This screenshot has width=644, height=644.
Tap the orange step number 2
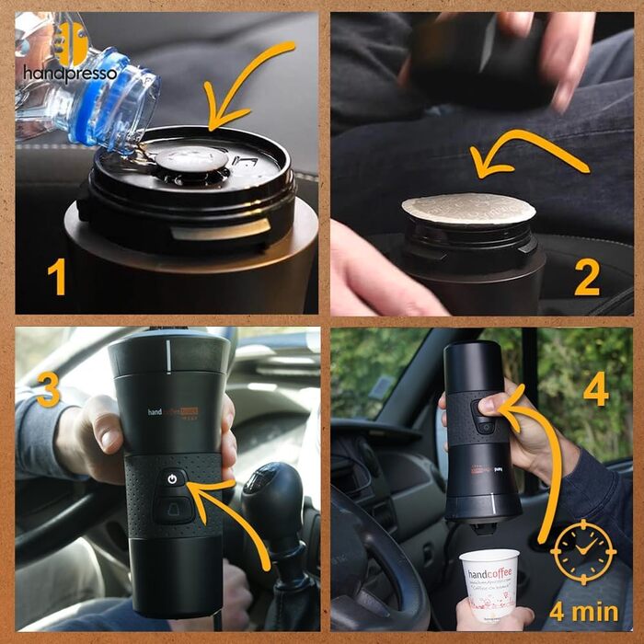pyautogui.click(x=586, y=276)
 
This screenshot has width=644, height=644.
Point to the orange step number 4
pyautogui.click(x=595, y=388)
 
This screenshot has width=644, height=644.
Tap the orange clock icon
pyautogui.click(x=582, y=552)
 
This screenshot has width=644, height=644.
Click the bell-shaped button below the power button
pyautogui.click(x=173, y=507)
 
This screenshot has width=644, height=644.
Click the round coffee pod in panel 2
pyautogui.click(x=469, y=209)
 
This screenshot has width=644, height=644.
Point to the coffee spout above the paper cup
pyautogui.click(x=481, y=527)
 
